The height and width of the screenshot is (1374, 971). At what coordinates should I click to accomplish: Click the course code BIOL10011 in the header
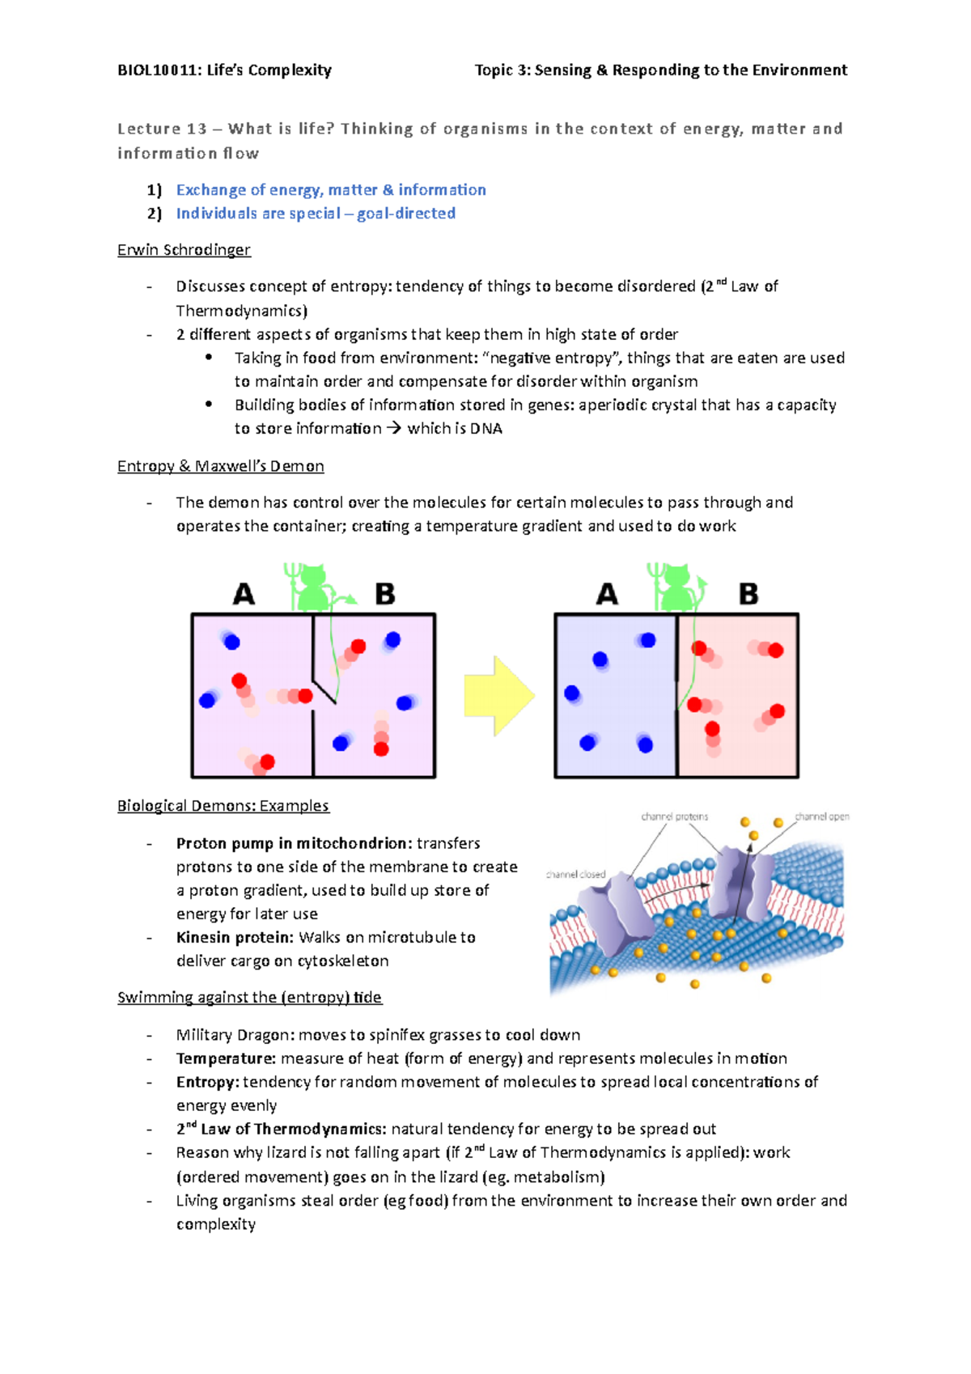tap(158, 70)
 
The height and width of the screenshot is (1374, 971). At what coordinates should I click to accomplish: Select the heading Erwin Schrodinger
tap(184, 250)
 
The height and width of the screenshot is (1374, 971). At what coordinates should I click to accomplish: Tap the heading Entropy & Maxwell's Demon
tap(220, 466)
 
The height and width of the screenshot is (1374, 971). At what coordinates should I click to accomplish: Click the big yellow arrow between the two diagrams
tap(498, 696)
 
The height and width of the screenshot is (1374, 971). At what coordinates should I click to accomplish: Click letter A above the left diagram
tap(244, 595)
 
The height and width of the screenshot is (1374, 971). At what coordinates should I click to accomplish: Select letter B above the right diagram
tap(748, 595)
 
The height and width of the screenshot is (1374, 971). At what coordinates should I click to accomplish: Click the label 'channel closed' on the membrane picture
tap(575, 875)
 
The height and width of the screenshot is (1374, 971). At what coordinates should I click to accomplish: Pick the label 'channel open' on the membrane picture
tap(821, 816)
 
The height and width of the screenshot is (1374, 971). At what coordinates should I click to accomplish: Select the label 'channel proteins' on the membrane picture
tap(674, 816)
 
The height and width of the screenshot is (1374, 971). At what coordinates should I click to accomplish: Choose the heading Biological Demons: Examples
tap(223, 806)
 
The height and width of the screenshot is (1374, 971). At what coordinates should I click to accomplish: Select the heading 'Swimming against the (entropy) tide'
tap(249, 998)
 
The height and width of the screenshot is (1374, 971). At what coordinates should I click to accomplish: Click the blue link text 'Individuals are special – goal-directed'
tap(316, 214)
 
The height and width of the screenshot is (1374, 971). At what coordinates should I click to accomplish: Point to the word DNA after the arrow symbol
tap(485, 429)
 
